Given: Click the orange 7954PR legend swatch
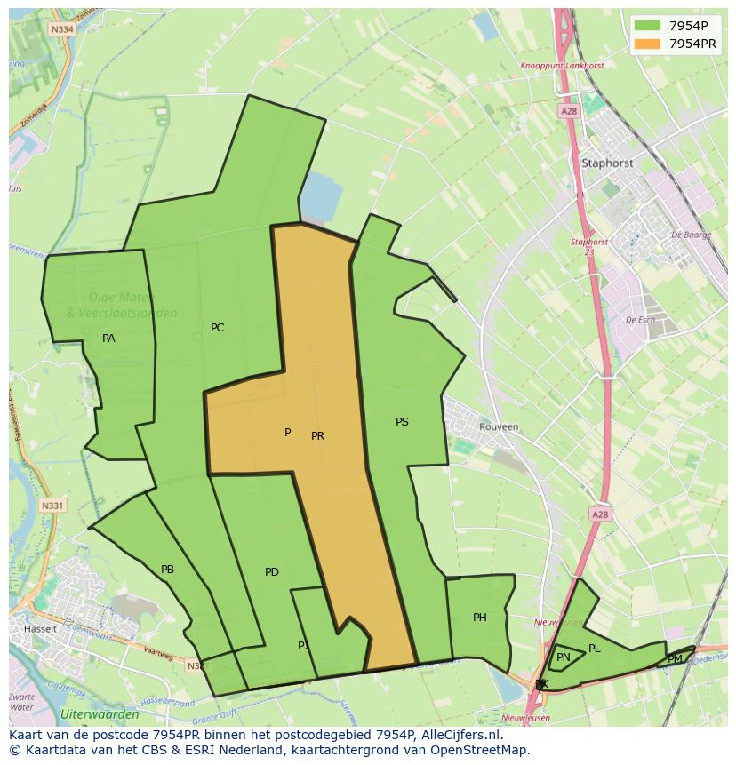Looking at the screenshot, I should point(646,44).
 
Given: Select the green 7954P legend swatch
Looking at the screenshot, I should point(646,26).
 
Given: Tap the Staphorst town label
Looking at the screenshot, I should point(607,163).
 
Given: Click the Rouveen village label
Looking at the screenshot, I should point(498,426).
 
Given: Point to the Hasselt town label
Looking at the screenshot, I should point(40,628).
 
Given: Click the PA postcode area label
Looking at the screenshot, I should point(108,339).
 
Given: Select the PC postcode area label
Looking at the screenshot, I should point(217,328).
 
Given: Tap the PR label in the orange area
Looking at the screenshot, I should point(317,436).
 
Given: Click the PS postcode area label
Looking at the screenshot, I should point(402,422).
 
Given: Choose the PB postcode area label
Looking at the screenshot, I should point(167,570).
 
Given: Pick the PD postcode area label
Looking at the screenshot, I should point(272,572).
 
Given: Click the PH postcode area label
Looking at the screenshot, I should point(480,618).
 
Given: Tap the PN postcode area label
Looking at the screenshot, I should point(564,657).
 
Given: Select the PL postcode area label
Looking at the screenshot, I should point(595,649).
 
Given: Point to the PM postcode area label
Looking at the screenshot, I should point(676,658).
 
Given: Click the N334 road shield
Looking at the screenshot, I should point(61,29).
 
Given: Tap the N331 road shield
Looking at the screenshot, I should point(52,506).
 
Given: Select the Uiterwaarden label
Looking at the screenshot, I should point(100,714).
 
